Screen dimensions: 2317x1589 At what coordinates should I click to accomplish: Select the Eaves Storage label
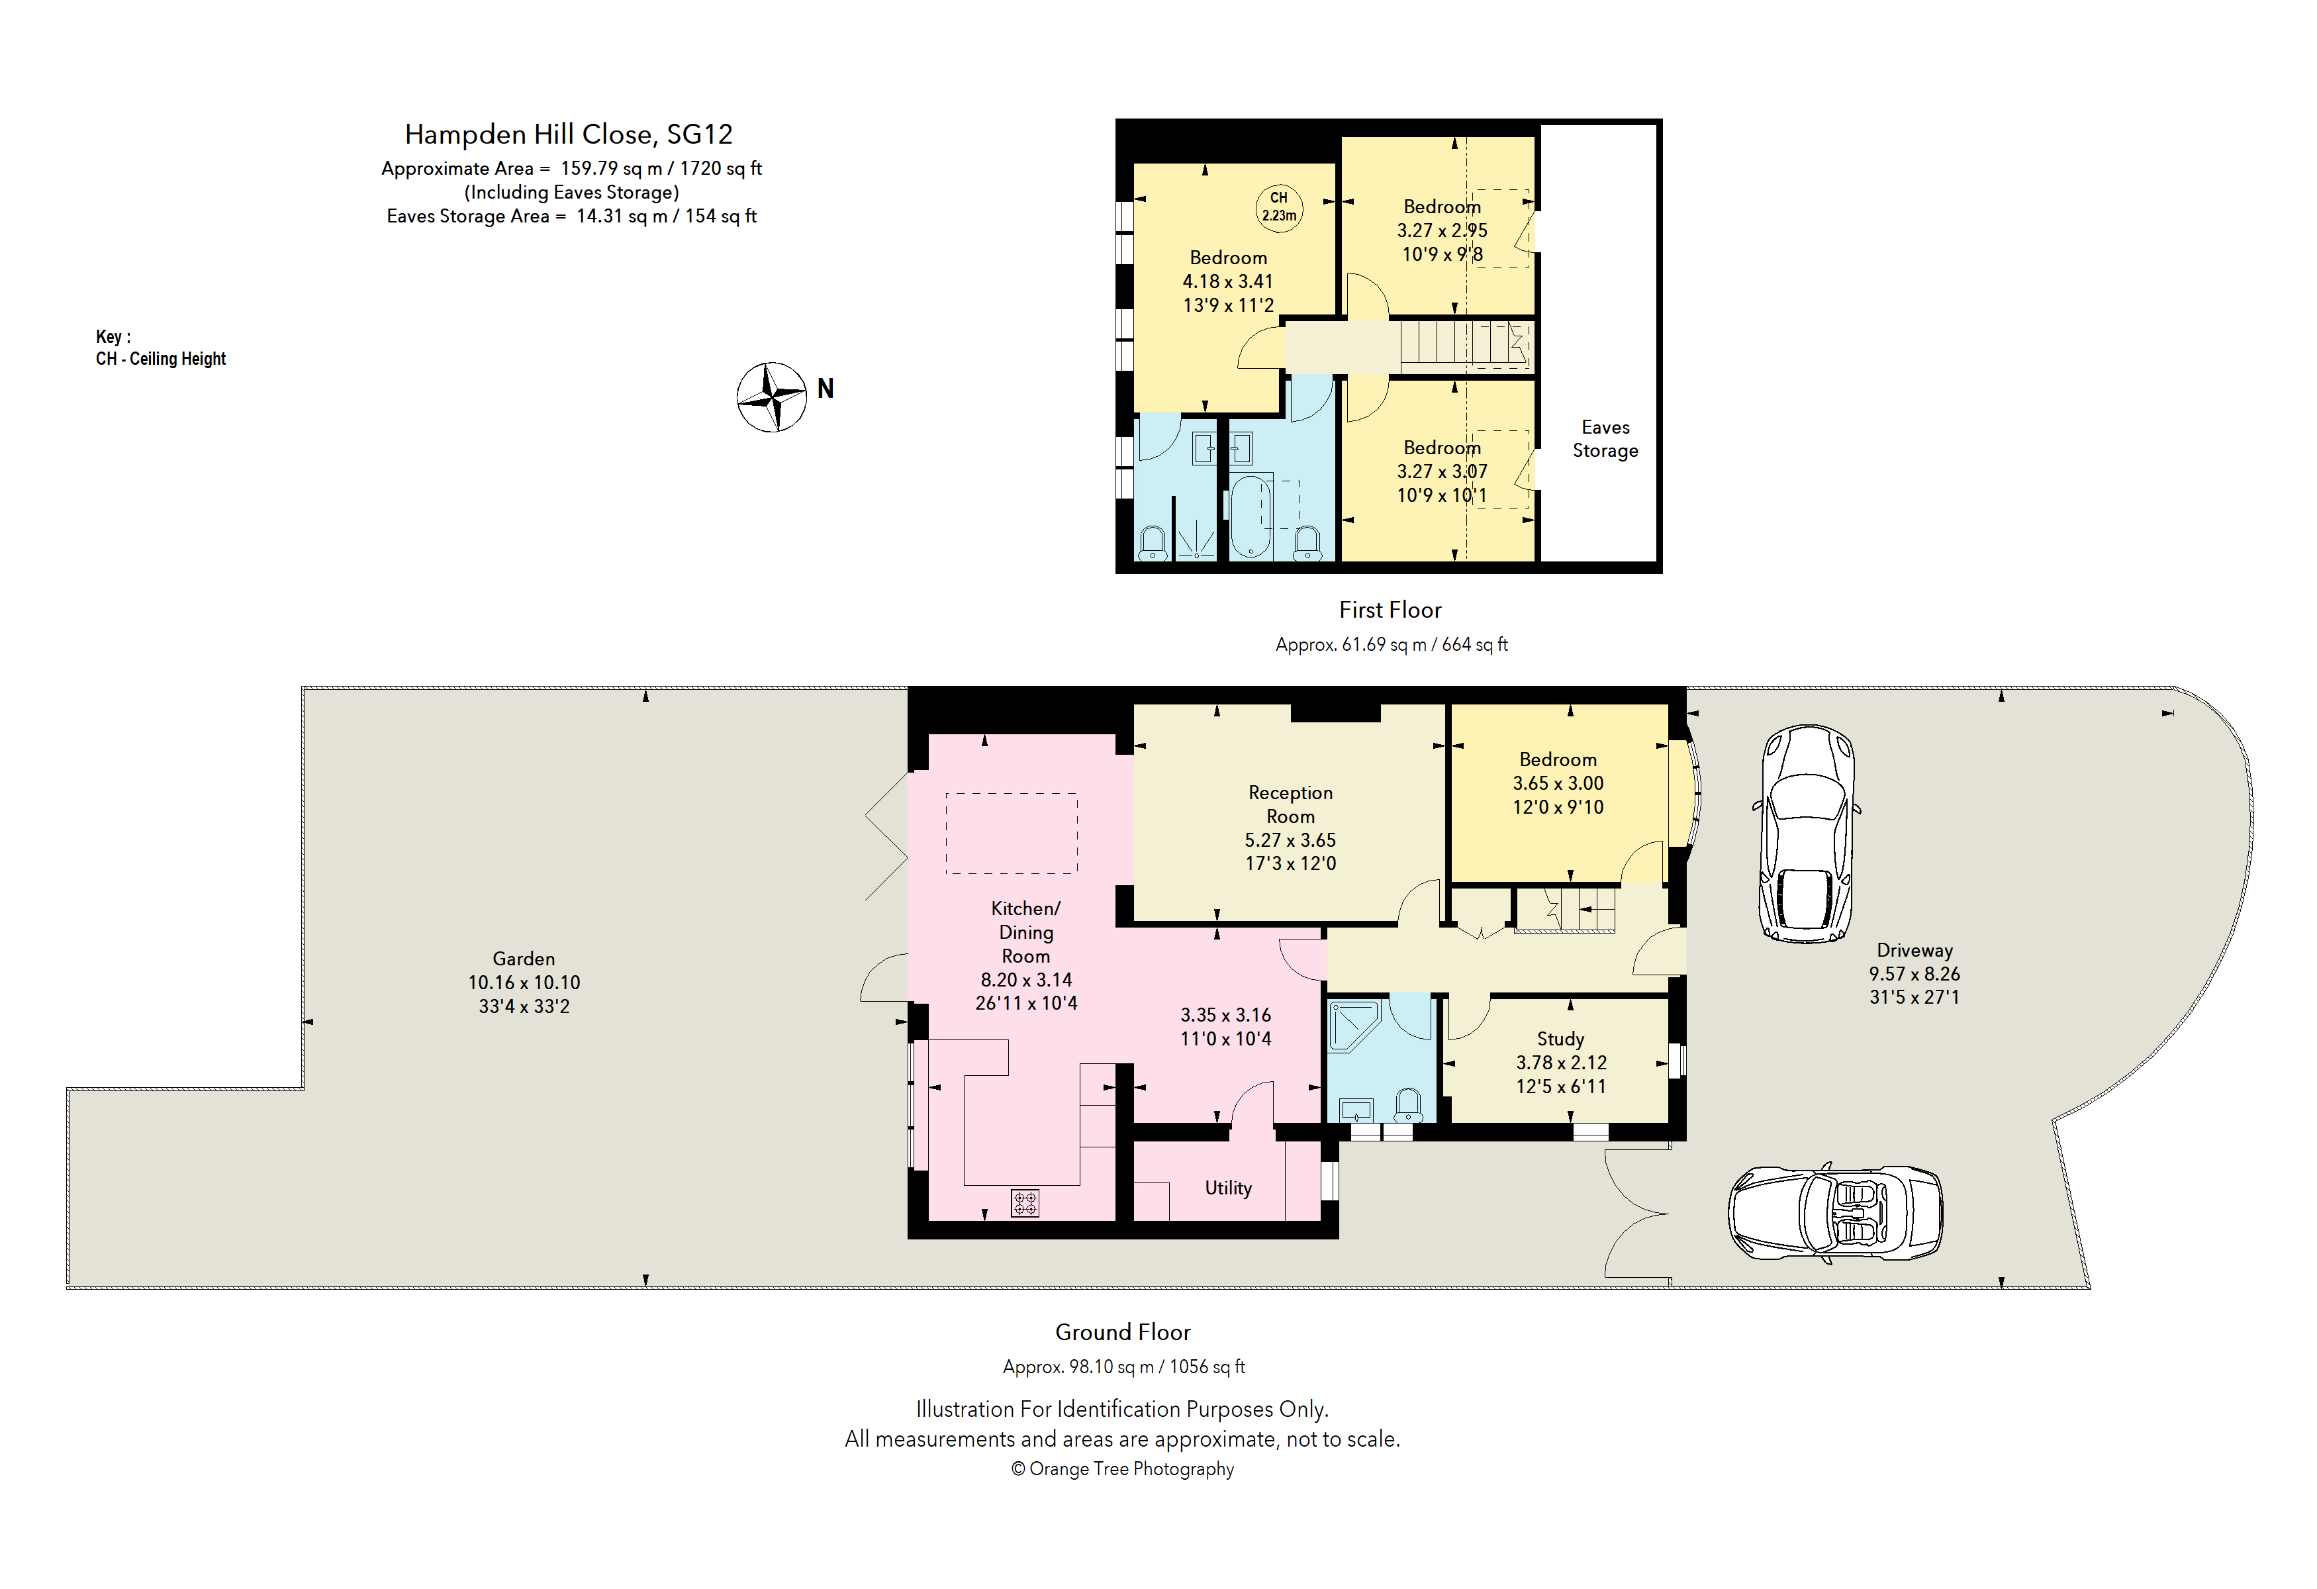[x=1605, y=438]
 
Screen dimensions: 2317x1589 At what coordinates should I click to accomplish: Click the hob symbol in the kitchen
[x=1025, y=1203]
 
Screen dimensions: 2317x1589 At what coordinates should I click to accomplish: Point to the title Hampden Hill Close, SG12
[x=568, y=134]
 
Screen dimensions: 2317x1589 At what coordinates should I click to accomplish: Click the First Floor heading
[x=1390, y=610]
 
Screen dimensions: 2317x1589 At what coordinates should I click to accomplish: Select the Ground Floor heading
[x=1123, y=1333]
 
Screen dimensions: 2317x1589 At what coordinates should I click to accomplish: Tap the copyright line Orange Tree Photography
[x=1123, y=1469]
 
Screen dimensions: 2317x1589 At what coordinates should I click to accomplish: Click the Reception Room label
[x=1290, y=804]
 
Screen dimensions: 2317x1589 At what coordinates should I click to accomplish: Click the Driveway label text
[x=1915, y=951]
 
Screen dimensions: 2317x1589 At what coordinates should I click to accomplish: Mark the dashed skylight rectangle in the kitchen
[x=1011, y=834]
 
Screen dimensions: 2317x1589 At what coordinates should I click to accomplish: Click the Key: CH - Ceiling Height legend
[x=160, y=348]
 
